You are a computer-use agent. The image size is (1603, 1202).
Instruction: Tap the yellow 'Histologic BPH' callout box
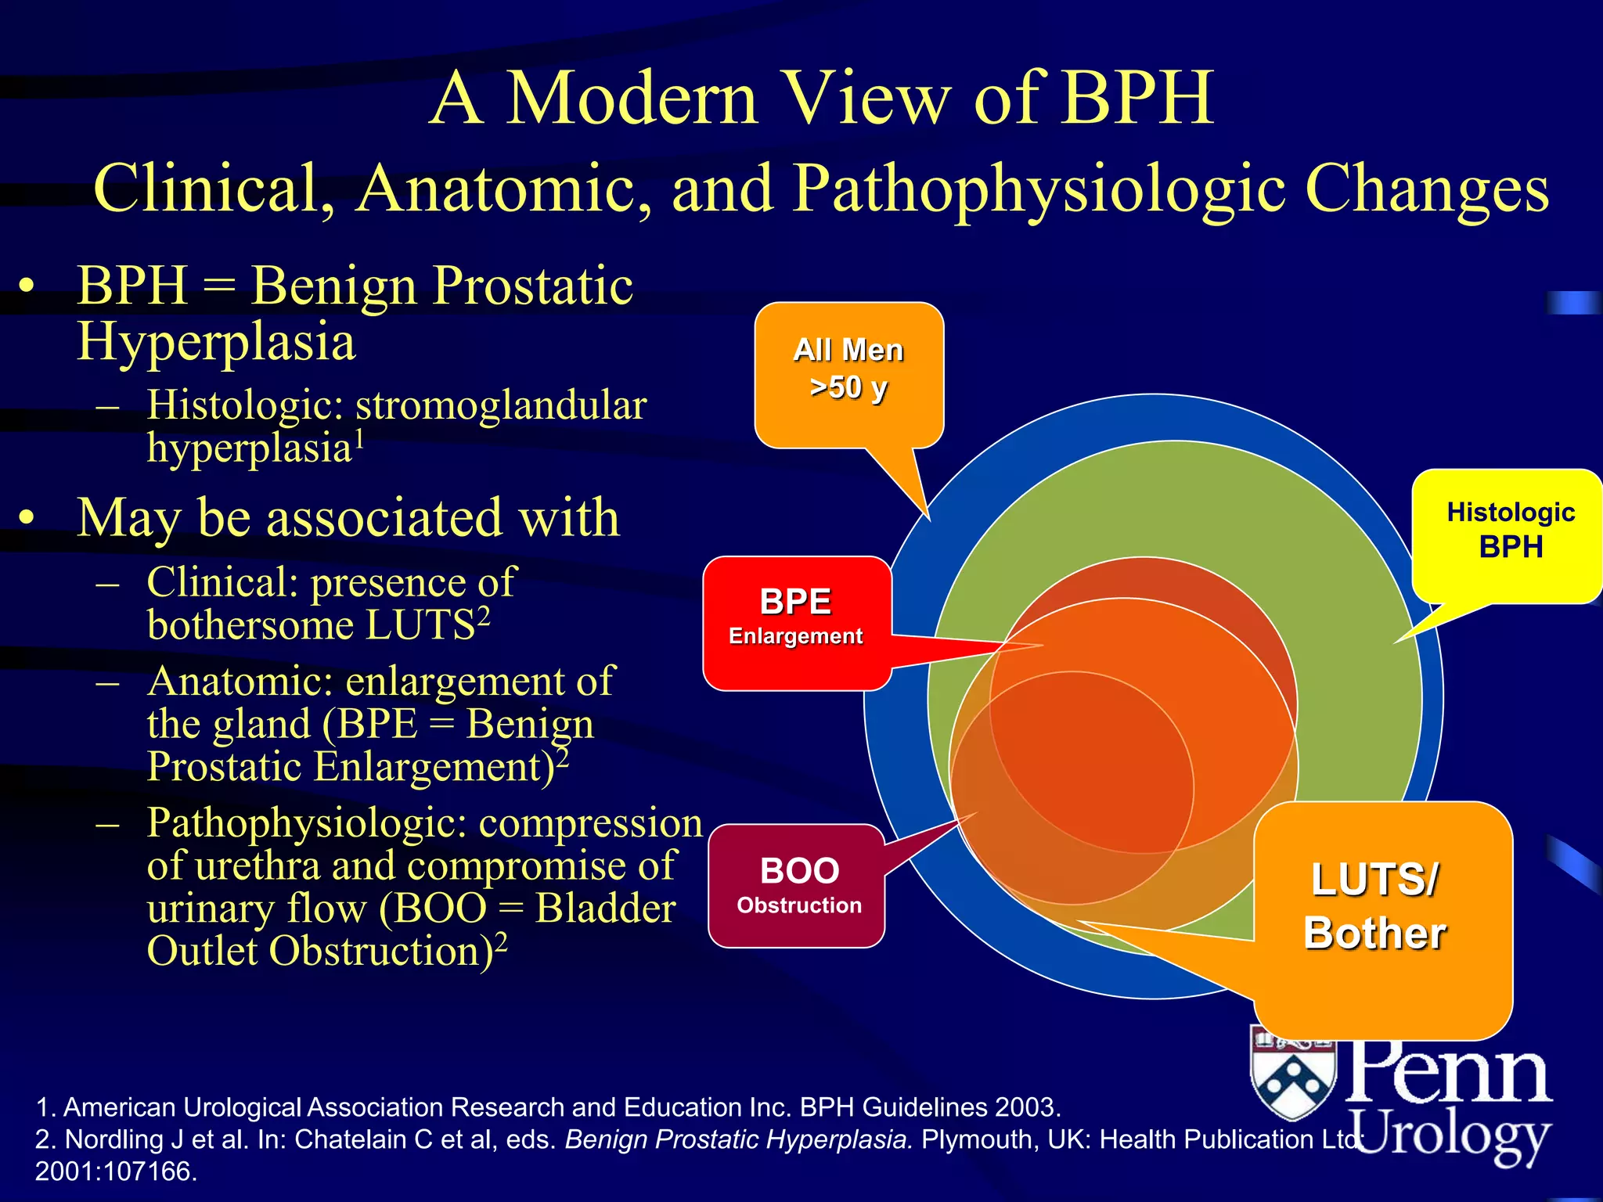1509,532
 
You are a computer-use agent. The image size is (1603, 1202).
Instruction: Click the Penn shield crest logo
1293,1072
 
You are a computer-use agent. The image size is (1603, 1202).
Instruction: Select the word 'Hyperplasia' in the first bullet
216,342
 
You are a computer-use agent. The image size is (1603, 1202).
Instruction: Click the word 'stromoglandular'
501,405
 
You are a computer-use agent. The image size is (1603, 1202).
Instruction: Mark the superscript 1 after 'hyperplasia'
360,440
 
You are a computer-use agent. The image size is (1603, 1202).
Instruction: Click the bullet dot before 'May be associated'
28,517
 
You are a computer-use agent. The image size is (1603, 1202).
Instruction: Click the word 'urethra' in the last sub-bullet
258,866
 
